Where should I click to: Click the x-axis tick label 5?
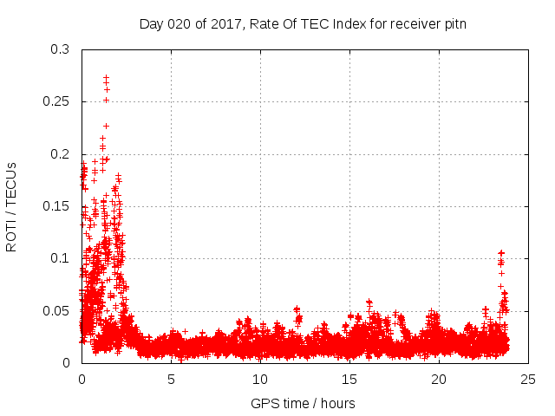click(x=171, y=379)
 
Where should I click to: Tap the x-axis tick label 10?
click(x=260, y=379)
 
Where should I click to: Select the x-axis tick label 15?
click(x=349, y=379)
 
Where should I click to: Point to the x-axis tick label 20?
click(x=439, y=379)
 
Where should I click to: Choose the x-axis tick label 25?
click(x=528, y=379)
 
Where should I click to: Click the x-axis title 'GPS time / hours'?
click(x=304, y=403)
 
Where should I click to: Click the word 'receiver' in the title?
click(x=413, y=24)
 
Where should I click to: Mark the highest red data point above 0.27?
click(x=106, y=77)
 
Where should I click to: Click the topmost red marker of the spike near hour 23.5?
click(x=500, y=252)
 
